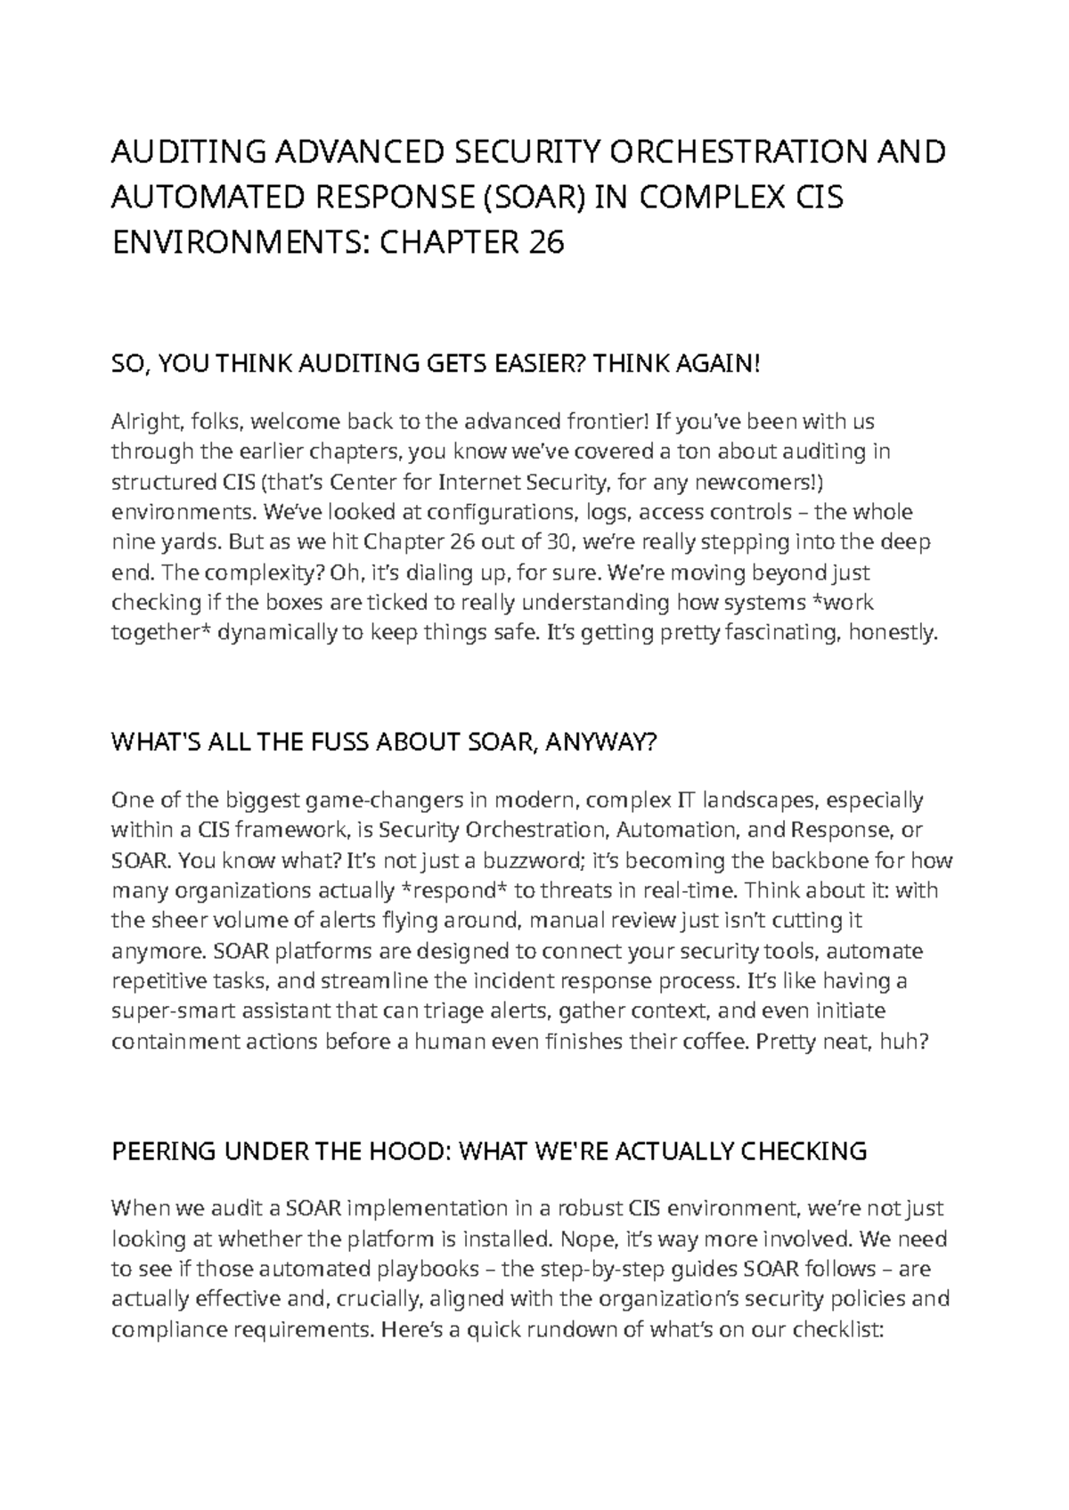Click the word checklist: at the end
pyautogui.click(x=837, y=1329)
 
